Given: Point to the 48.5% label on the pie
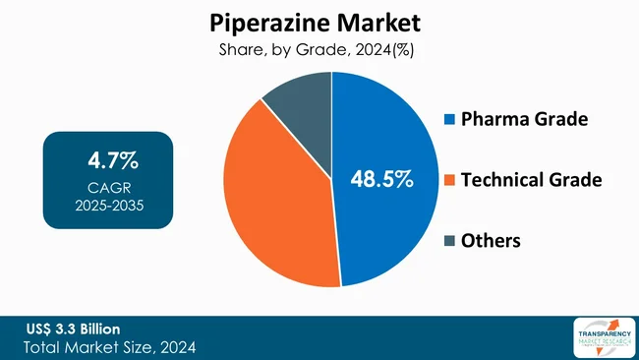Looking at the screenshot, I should click(x=382, y=179).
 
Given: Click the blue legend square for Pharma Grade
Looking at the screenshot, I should click(x=450, y=120).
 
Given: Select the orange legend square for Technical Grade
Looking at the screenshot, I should click(x=450, y=180).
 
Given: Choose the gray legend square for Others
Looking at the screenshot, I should click(x=450, y=241).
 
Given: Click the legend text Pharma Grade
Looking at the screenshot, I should click(x=525, y=120).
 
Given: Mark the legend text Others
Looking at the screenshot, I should click(x=493, y=241).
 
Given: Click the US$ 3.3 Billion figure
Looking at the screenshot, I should click(x=74, y=328).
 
